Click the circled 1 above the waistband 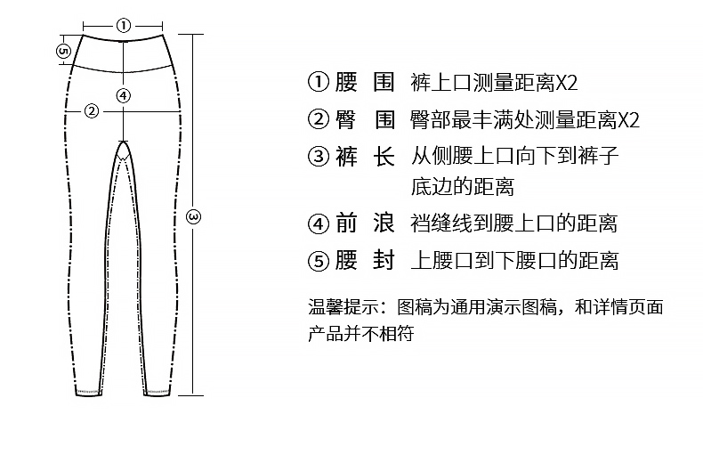point(124,25)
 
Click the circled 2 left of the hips point(92,111)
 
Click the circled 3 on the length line point(194,216)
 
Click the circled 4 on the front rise point(124,95)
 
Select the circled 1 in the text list point(319,83)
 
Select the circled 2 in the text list point(319,119)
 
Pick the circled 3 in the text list point(319,157)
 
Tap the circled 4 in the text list point(319,223)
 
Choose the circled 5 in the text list point(319,261)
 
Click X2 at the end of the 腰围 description point(567,84)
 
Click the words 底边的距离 point(462,187)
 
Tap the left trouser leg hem point(87,391)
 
